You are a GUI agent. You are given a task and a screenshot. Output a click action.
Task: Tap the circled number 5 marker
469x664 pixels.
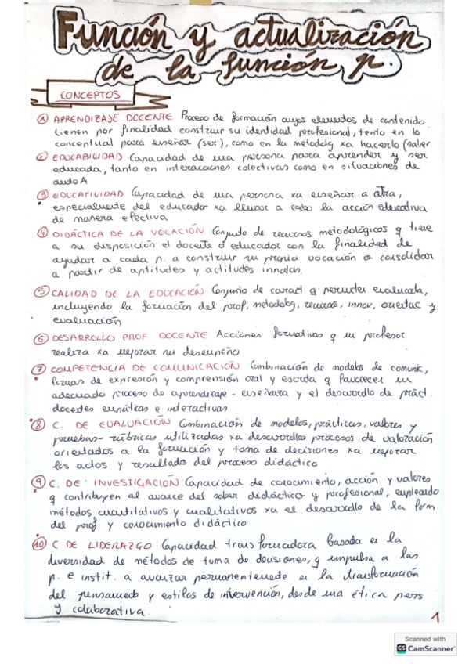pyautogui.click(x=42, y=293)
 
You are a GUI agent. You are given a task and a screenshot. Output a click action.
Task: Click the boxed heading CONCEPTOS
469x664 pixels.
pyautogui.click(x=89, y=96)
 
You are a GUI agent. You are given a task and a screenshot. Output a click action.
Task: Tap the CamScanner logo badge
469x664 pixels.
pyautogui.click(x=425, y=644)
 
